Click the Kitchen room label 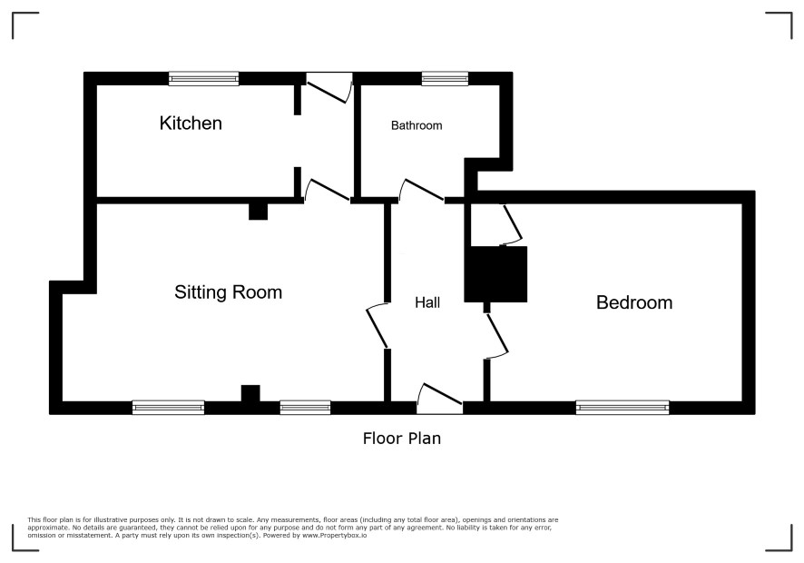point(191,123)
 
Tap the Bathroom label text point(417,125)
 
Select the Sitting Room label point(228,292)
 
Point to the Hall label point(427,302)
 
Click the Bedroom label point(634,302)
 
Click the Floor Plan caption point(402,439)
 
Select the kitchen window point(203,78)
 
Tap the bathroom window point(445,78)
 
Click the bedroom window point(623,408)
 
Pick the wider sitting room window point(168,408)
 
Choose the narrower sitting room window point(305,408)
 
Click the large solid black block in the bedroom point(495,274)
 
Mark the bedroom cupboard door point(513,223)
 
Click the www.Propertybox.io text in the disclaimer point(334,535)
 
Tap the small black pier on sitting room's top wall point(258,212)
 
